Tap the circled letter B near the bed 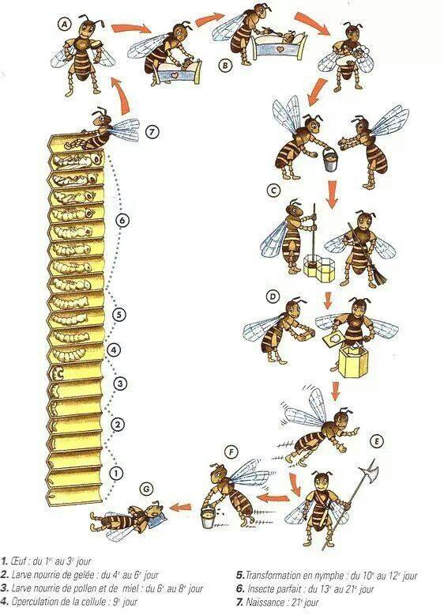tap(225, 65)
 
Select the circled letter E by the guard tap(376, 441)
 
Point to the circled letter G tap(146, 489)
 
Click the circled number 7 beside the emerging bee tap(152, 132)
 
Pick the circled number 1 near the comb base tap(117, 473)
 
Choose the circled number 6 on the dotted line tap(122, 221)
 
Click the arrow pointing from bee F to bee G tap(182, 506)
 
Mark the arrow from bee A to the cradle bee tap(131, 29)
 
